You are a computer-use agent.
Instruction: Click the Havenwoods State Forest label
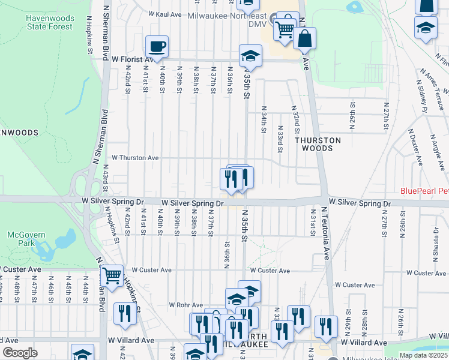[x=49, y=22]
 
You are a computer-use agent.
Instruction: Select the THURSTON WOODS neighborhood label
[x=318, y=144]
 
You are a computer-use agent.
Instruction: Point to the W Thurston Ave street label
[x=131, y=158]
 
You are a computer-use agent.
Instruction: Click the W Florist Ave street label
[x=133, y=59]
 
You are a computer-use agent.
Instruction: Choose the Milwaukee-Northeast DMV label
[x=228, y=16]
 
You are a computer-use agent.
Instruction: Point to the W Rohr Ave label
[x=186, y=305]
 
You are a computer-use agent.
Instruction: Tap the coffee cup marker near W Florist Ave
[x=157, y=46]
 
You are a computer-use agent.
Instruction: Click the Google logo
[x=20, y=353]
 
